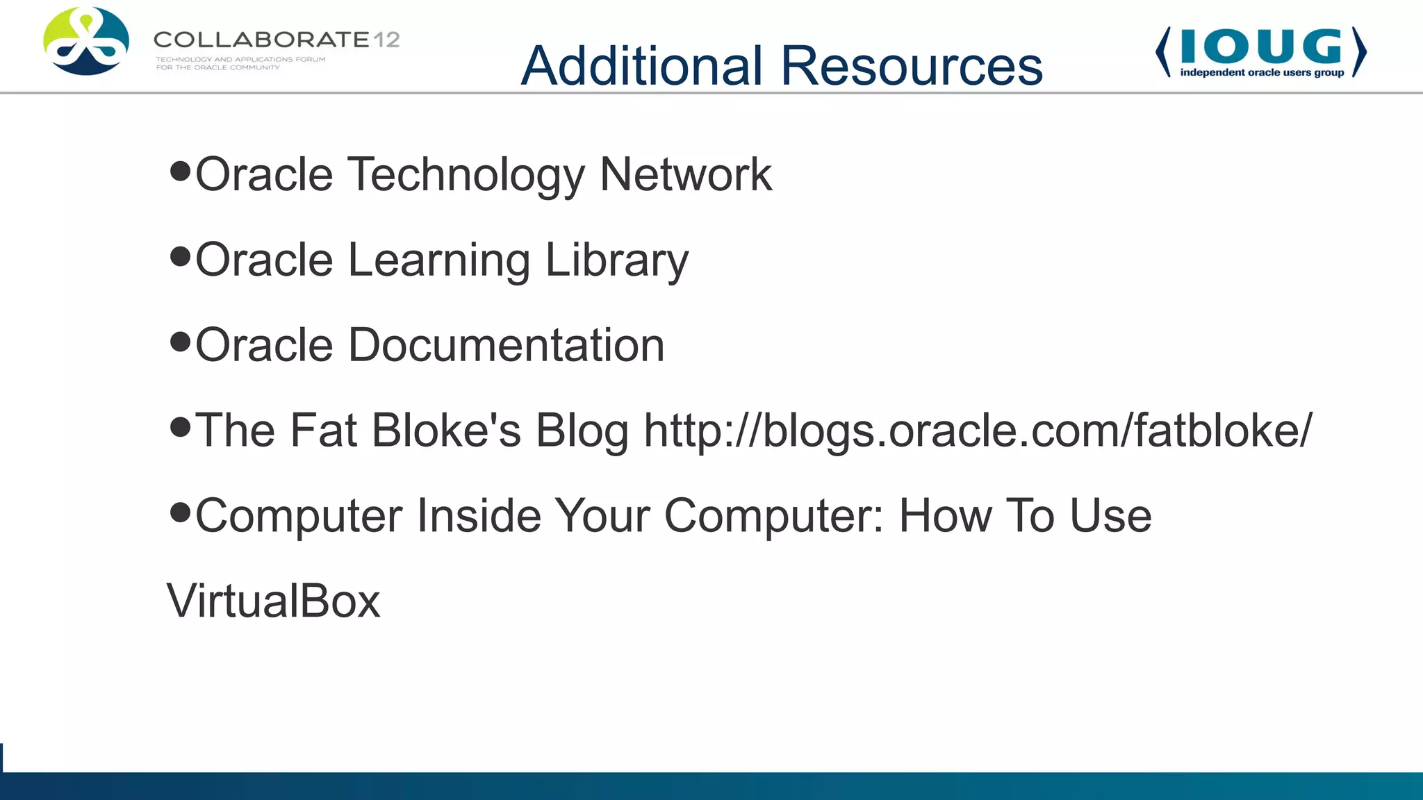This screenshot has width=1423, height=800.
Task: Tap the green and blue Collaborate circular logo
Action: pos(86,41)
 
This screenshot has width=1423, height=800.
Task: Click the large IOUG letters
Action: pos(1261,46)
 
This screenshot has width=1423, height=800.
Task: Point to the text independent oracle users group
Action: pos(1262,72)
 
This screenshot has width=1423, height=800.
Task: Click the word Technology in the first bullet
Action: pos(466,174)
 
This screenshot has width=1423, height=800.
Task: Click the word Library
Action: pos(616,260)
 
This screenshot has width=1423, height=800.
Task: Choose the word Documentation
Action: pos(506,345)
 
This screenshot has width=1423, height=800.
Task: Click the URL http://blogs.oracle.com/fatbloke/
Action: pos(978,431)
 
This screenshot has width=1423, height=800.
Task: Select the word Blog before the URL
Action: pos(582,431)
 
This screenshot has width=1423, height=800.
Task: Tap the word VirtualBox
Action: pos(273,601)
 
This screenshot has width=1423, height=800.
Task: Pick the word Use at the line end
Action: pos(1110,516)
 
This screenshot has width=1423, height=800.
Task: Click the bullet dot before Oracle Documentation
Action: pos(180,342)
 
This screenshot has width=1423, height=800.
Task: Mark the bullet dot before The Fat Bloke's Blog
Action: pos(180,427)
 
